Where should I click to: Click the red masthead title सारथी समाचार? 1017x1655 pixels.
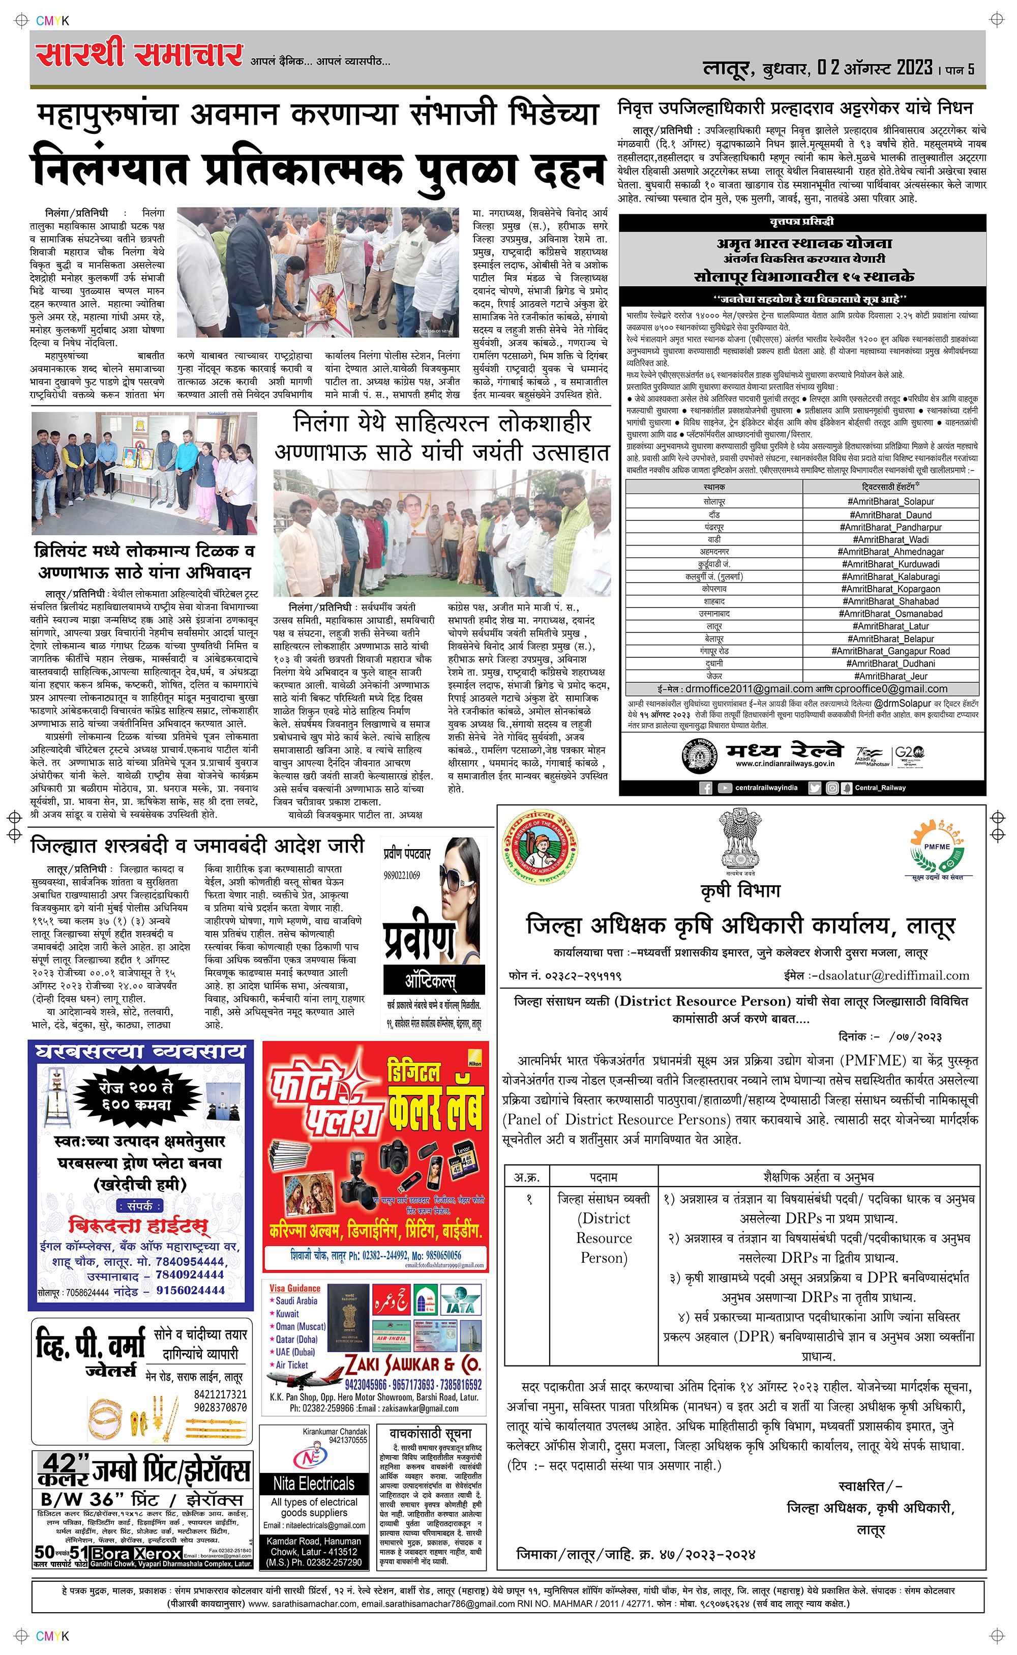pos(139,54)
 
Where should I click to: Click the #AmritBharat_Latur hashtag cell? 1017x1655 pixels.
pos(890,626)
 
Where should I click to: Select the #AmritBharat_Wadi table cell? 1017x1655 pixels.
pos(890,540)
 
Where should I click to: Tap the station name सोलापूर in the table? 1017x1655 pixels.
pos(714,502)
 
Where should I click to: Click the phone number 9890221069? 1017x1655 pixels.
pos(402,875)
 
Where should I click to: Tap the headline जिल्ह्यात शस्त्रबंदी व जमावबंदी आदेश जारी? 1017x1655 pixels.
pos(198,845)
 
